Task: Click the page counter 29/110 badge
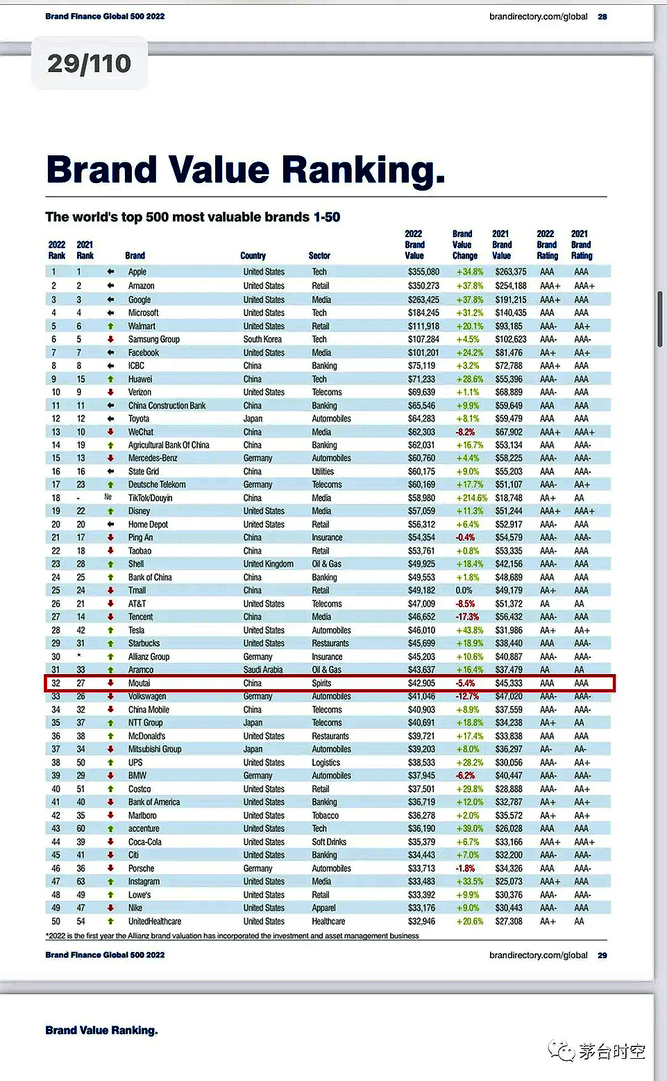(x=89, y=64)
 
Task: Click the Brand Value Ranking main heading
(x=246, y=170)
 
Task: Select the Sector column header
(x=319, y=256)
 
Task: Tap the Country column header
(x=253, y=256)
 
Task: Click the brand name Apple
(x=137, y=272)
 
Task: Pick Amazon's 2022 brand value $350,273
(x=423, y=286)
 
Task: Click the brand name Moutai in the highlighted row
(x=139, y=683)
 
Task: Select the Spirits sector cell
(x=321, y=683)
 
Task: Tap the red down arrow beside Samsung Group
(x=110, y=339)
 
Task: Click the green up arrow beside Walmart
(x=110, y=326)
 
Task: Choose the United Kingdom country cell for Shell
(x=268, y=564)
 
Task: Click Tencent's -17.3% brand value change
(x=467, y=616)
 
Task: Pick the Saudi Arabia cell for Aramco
(x=262, y=670)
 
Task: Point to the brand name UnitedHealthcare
(x=155, y=922)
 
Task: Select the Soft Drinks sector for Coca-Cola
(x=329, y=842)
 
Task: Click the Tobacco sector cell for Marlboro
(x=326, y=815)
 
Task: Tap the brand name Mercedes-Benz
(x=153, y=458)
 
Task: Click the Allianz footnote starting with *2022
(x=233, y=935)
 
